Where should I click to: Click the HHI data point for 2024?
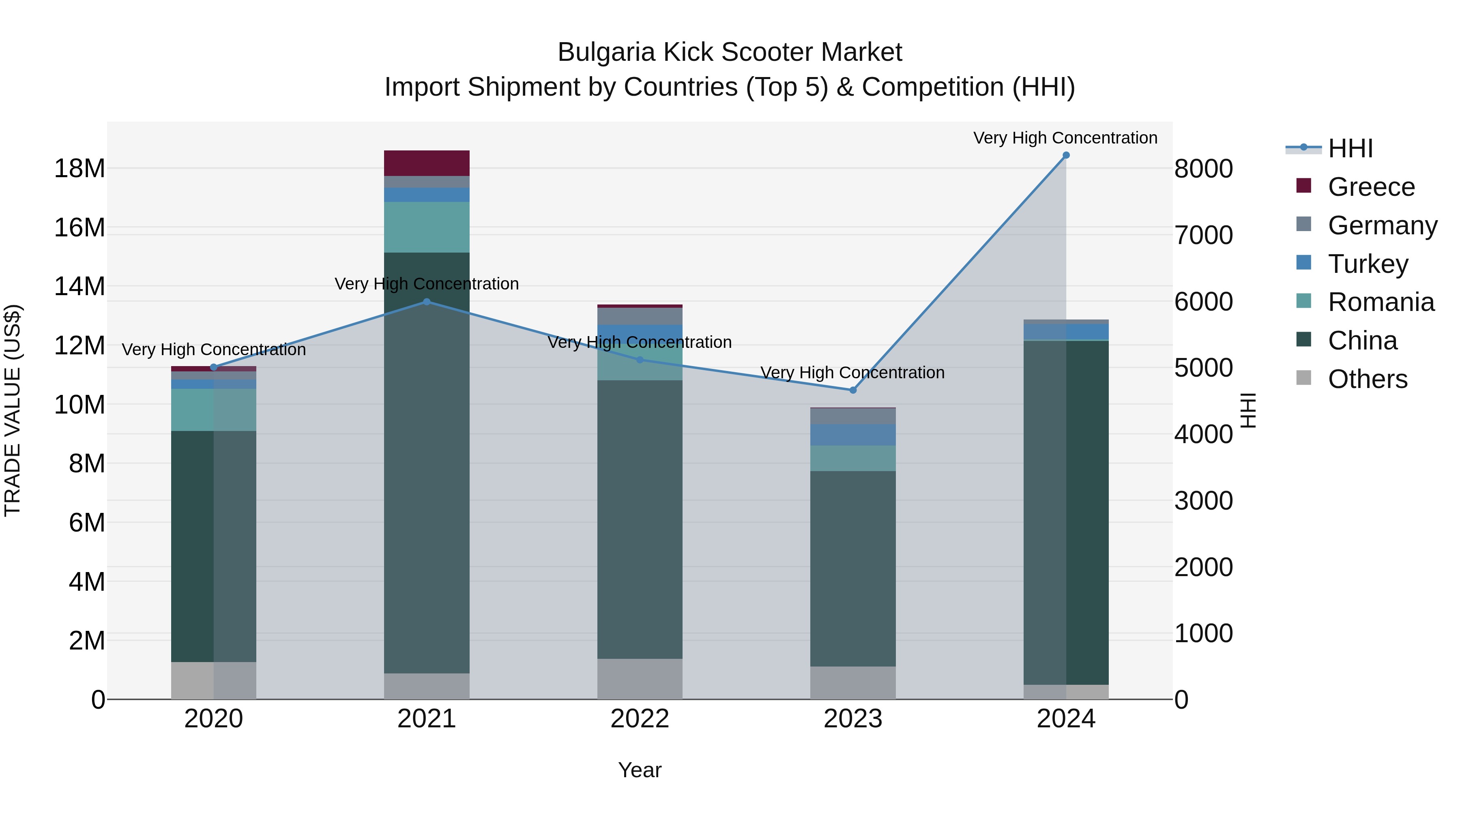tap(1065, 155)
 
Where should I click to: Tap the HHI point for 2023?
tap(852, 390)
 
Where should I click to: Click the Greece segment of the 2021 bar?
tap(427, 163)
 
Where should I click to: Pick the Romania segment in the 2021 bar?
tap(427, 227)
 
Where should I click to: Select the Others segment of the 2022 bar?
tap(640, 679)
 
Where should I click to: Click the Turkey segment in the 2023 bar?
tap(852, 435)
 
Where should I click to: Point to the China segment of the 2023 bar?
tap(852, 568)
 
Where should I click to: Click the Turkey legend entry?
tap(1367, 264)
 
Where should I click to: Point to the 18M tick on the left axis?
tap(79, 168)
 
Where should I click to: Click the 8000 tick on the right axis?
tap(1203, 169)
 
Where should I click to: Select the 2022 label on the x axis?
tap(640, 719)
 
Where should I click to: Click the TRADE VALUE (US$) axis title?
tap(13, 410)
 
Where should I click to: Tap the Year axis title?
tap(640, 770)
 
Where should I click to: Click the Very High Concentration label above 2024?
tap(1065, 138)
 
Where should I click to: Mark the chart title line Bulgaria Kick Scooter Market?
tap(730, 52)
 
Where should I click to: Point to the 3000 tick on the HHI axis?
tap(1203, 501)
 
